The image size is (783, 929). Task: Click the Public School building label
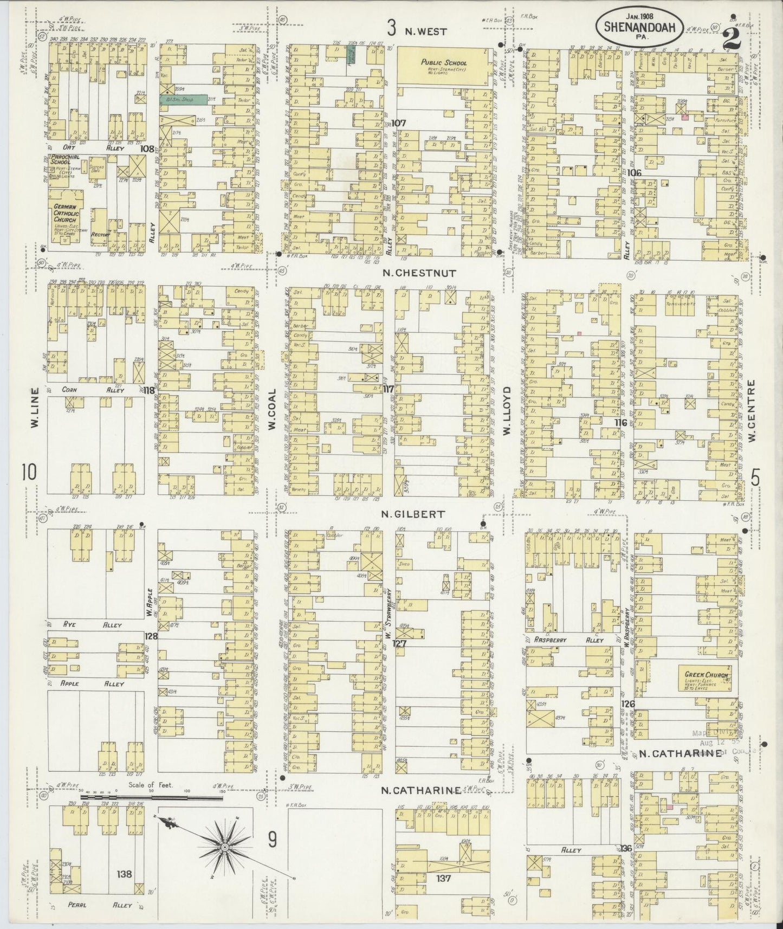coord(444,63)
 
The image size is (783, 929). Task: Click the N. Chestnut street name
coord(419,273)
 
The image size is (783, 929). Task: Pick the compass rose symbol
coord(224,846)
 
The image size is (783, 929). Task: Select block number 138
coord(125,873)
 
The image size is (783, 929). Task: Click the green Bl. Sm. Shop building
coord(183,99)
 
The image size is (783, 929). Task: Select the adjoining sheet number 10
coord(29,472)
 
